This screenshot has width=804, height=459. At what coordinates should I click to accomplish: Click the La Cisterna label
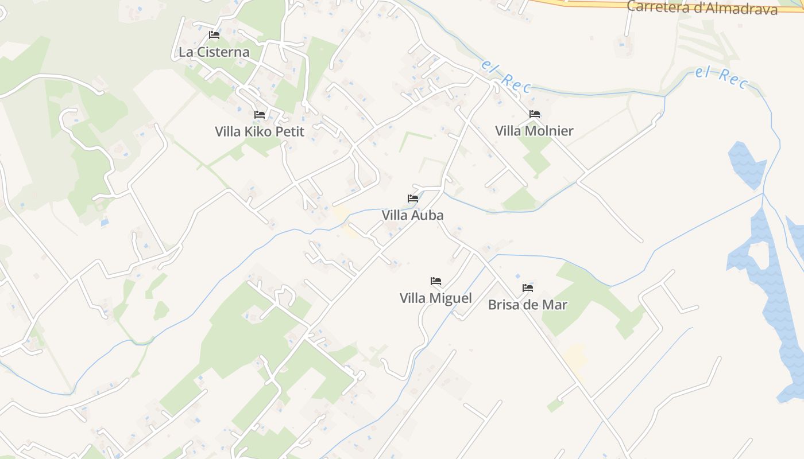pyautogui.click(x=214, y=52)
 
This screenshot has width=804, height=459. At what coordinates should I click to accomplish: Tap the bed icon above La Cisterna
pyautogui.click(x=214, y=35)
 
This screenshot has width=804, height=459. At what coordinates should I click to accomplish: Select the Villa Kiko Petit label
pyautogui.click(x=260, y=131)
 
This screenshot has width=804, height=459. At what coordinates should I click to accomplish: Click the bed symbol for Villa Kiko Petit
pyautogui.click(x=260, y=115)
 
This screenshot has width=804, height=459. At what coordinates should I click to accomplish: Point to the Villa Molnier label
pyautogui.click(x=534, y=131)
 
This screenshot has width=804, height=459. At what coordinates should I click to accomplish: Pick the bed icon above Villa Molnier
pyautogui.click(x=535, y=114)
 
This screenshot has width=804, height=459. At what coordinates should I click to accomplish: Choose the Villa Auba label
pyautogui.click(x=412, y=215)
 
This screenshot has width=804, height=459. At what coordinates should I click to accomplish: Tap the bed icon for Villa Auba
pyautogui.click(x=413, y=199)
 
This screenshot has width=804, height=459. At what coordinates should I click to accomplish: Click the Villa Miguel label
pyautogui.click(x=436, y=298)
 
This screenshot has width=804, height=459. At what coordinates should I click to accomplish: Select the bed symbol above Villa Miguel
pyautogui.click(x=436, y=281)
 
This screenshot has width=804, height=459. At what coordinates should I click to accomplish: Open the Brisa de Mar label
pyautogui.click(x=527, y=305)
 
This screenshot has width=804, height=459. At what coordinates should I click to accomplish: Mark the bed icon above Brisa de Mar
pyautogui.click(x=528, y=287)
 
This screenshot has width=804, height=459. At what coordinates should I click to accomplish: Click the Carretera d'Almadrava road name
pyautogui.click(x=702, y=8)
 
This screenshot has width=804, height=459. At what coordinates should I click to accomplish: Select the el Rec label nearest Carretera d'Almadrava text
pyautogui.click(x=721, y=78)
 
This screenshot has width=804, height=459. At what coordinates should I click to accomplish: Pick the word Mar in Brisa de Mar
pyautogui.click(x=555, y=305)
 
